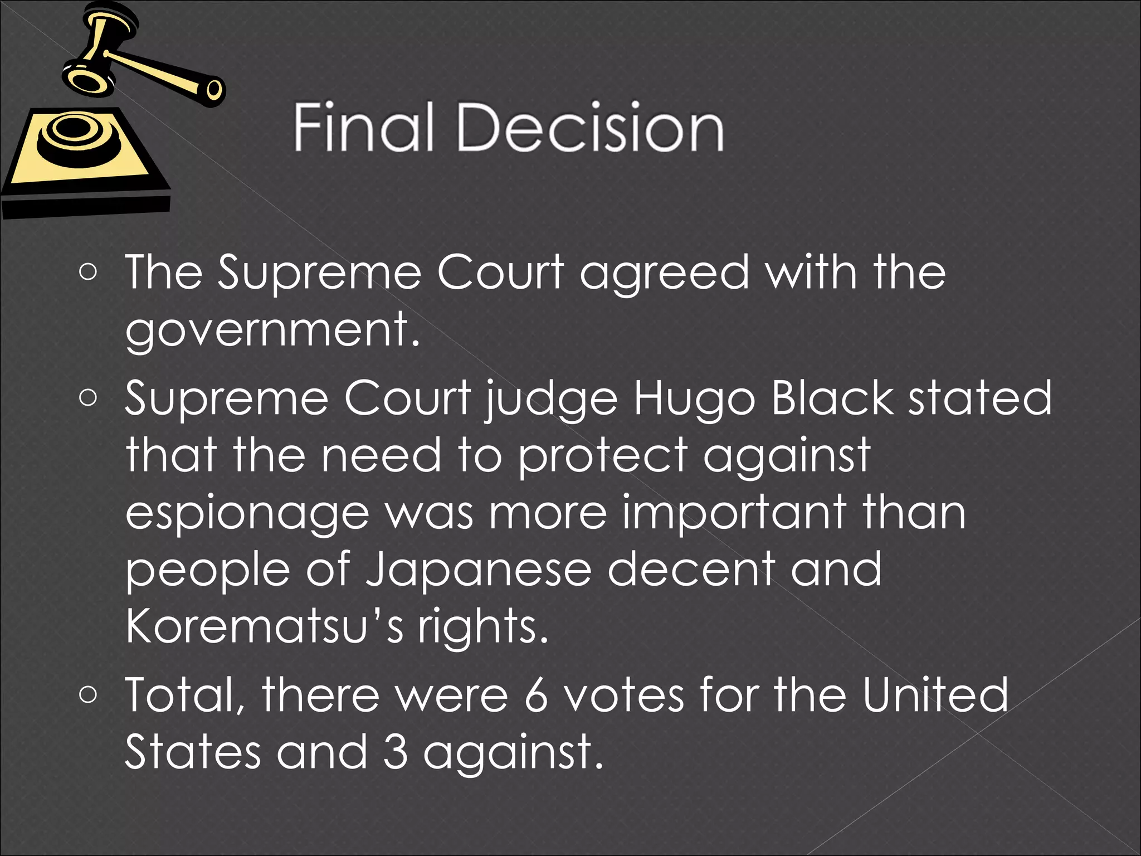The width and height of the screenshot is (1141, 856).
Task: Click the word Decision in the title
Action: pyautogui.click(x=591, y=128)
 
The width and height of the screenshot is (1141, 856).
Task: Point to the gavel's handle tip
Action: pyautogui.click(x=214, y=89)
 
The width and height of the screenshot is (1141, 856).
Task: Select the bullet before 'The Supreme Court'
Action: pyautogui.click(x=88, y=273)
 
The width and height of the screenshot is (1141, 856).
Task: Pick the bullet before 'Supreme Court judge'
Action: pyautogui.click(x=88, y=397)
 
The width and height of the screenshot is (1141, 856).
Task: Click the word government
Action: pyautogui.click(x=272, y=330)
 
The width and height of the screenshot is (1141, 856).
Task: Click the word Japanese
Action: pyautogui.click(x=478, y=571)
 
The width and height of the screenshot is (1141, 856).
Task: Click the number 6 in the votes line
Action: pyautogui.click(x=536, y=695)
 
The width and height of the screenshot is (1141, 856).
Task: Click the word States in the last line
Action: pyautogui.click(x=193, y=752)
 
